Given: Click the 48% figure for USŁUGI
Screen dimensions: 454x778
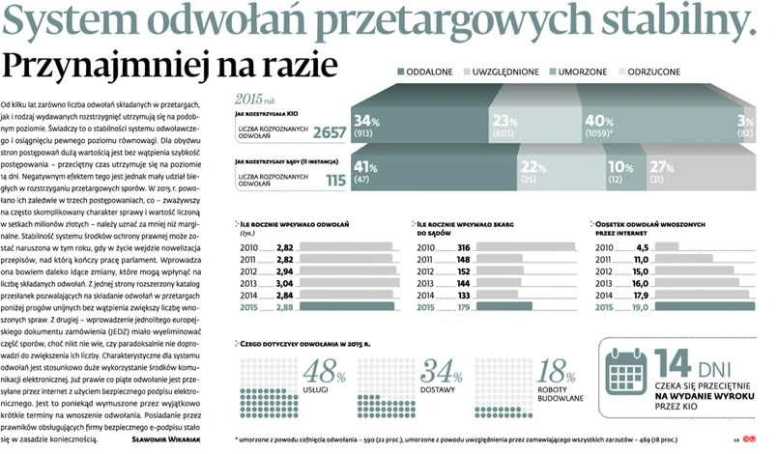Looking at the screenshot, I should pyautogui.click(x=323, y=372).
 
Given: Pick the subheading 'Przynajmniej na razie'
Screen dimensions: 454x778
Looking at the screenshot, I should pyautogui.click(x=170, y=66).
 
